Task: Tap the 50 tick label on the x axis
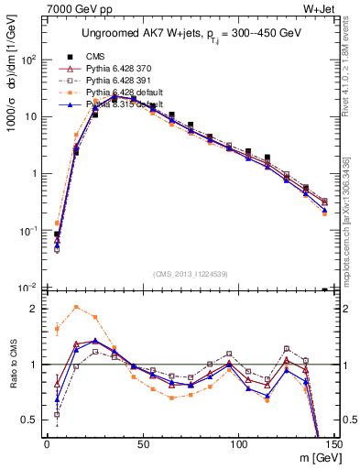[143, 444]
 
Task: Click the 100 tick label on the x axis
[239, 444]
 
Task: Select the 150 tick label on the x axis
[334, 444]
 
